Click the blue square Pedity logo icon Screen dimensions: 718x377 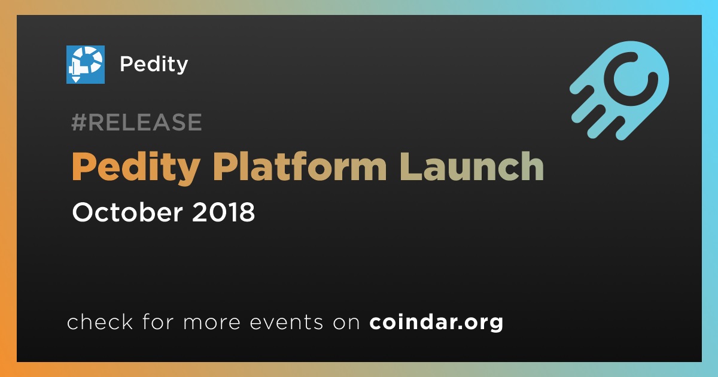(85, 65)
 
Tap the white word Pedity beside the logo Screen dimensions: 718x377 (154, 65)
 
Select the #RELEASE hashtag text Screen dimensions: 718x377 (136, 122)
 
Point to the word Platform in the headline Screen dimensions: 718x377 (300, 166)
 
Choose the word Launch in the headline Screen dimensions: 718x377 (471, 166)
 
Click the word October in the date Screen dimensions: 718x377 (127, 212)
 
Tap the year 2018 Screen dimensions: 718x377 (223, 212)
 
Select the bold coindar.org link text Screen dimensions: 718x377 (436, 323)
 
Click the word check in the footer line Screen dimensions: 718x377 (100, 321)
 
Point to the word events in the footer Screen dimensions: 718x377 (286, 323)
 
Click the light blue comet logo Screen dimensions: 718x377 (620, 90)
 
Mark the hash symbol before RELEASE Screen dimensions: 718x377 (78, 122)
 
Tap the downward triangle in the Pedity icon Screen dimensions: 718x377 (75, 79)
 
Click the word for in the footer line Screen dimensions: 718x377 (158, 321)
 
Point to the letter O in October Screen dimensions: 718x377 (83, 212)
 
